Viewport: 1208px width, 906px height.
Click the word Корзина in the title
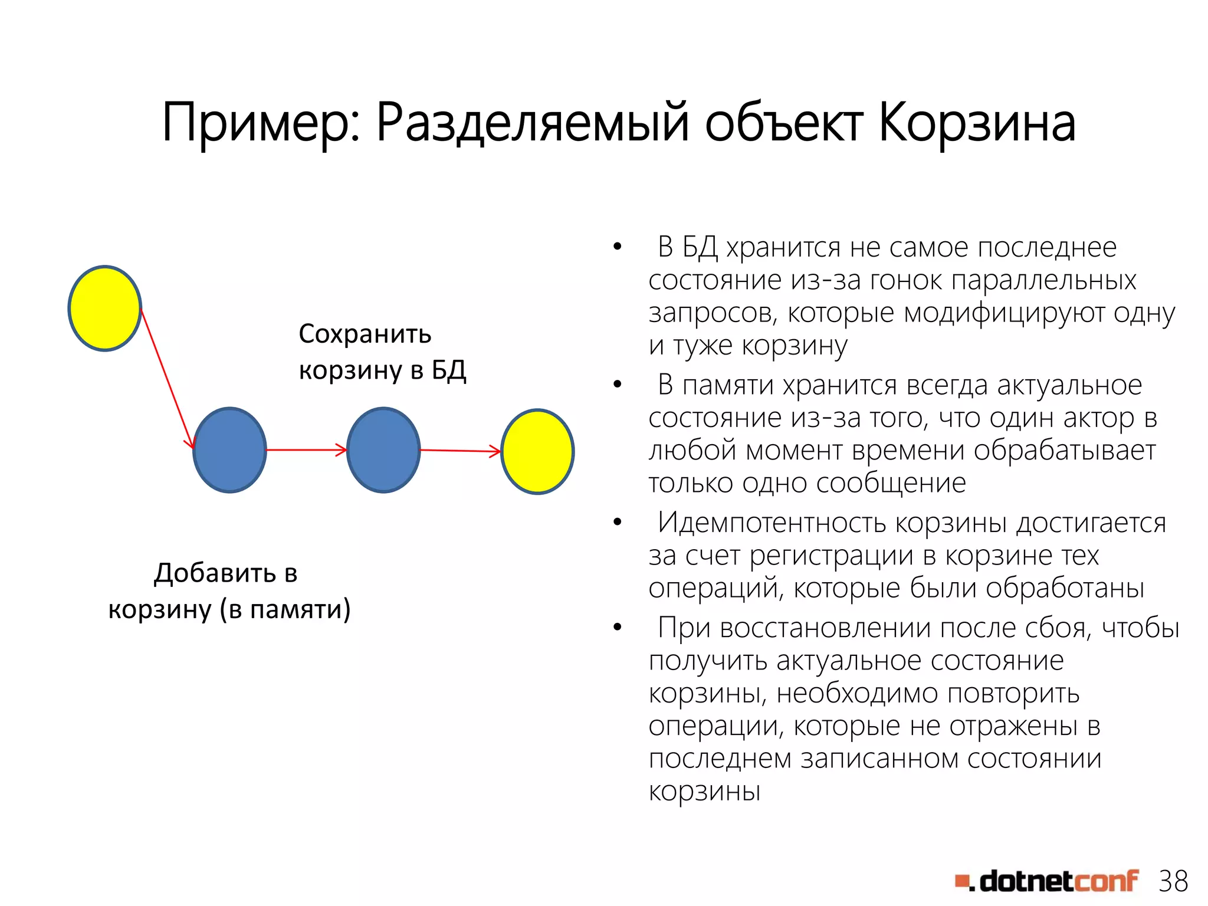click(x=977, y=124)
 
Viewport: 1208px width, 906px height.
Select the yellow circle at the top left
click(x=105, y=308)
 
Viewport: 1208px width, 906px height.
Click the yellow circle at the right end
click(x=537, y=451)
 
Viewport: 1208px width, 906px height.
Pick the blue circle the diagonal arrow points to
click(x=230, y=450)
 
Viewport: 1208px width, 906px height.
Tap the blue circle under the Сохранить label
click(x=383, y=450)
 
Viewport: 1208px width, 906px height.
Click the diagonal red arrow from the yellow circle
click(x=167, y=378)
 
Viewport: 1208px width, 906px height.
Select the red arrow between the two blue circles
click(x=307, y=450)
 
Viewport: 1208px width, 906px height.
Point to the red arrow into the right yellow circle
click(x=460, y=451)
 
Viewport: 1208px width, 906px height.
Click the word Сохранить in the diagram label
click(x=365, y=334)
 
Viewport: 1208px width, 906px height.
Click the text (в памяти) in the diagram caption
click(x=285, y=609)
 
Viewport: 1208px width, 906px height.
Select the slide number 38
click(x=1173, y=882)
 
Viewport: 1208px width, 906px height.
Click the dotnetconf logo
click(x=1047, y=882)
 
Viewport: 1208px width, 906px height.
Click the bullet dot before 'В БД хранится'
click(x=617, y=247)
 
